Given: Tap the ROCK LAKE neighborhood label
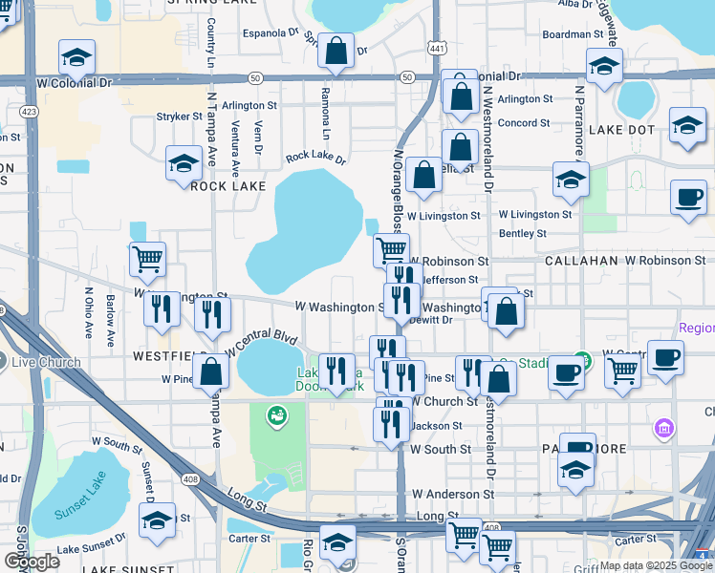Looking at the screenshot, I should point(227,186).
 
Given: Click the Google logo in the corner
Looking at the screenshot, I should point(31,562).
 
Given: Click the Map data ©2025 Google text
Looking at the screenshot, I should point(655,566).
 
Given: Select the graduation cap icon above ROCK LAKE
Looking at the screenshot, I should point(184,163).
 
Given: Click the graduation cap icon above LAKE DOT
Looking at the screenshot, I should point(603,66).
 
